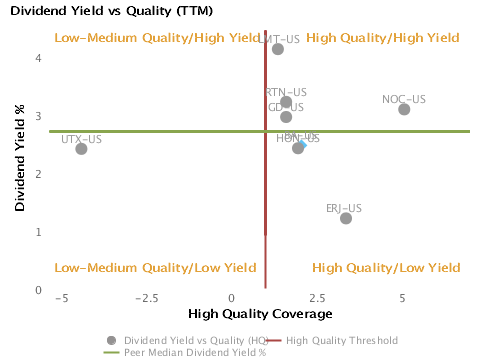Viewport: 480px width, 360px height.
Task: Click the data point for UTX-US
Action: click(81, 149)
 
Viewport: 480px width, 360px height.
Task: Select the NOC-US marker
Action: click(404, 109)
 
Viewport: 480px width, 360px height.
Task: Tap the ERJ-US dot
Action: click(346, 218)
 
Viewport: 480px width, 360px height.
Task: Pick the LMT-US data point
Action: click(278, 49)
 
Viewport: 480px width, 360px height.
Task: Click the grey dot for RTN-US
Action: click(286, 102)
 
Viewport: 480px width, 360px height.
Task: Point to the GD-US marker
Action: click(286, 117)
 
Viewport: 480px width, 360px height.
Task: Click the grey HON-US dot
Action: click(298, 148)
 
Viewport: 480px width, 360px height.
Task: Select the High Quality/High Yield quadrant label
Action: click(383, 38)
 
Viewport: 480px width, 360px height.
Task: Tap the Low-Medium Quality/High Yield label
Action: click(156, 38)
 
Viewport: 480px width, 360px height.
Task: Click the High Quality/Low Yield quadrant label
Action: click(386, 268)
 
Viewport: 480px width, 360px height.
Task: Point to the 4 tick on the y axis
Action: click(38, 58)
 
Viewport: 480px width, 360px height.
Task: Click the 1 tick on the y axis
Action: click(38, 232)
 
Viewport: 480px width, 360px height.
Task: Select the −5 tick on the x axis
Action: click(61, 299)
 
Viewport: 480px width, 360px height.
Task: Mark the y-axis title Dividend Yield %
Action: click(21, 161)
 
